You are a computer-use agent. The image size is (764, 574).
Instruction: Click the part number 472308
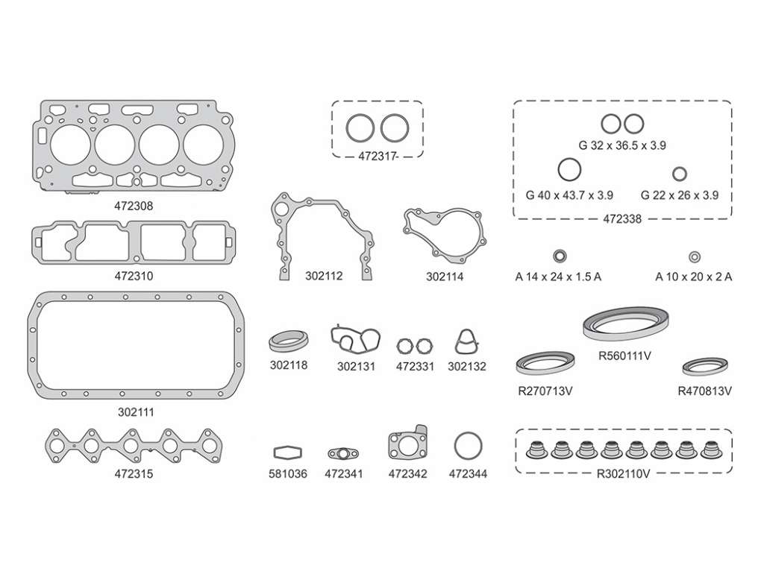tap(134, 206)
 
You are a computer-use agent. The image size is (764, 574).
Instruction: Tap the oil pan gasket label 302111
tap(136, 412)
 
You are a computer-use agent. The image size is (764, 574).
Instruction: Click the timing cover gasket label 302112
tap(324, 276)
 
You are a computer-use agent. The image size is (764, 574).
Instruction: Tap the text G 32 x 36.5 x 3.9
tap(622, 145)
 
